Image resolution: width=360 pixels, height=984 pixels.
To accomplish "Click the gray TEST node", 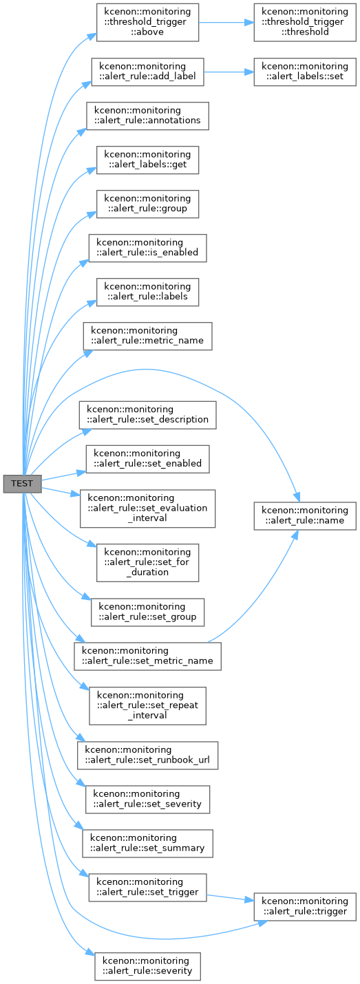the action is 23,484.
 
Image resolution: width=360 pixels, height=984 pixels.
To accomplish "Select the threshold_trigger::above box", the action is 148,23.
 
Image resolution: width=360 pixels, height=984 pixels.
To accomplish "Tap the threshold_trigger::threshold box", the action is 305,23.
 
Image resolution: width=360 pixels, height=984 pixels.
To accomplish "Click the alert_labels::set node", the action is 305,72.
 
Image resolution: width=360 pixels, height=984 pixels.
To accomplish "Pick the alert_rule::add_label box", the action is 148,72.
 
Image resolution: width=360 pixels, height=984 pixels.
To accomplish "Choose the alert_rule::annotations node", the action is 148,116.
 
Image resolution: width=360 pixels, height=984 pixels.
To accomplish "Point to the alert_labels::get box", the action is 148,160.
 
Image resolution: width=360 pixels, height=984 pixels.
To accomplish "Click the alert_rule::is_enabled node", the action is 148,248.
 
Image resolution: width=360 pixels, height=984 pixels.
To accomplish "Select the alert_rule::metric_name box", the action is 148,336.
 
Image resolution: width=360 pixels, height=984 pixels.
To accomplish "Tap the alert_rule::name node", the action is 305,515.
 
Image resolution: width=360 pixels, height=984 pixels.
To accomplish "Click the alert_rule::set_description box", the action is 148,415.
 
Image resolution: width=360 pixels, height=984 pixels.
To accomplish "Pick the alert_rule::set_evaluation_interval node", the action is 148,509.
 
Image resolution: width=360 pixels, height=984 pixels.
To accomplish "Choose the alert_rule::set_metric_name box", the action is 148,656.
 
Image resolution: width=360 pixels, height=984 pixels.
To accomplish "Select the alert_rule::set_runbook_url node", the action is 148,755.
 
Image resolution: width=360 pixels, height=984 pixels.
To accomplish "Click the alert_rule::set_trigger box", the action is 148,888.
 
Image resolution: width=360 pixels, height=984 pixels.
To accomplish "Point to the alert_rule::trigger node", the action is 305,907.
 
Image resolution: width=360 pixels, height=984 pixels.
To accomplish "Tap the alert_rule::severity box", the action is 148,966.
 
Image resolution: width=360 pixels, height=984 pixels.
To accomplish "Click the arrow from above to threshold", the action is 226,23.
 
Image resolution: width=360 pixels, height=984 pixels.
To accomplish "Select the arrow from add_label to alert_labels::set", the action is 229,72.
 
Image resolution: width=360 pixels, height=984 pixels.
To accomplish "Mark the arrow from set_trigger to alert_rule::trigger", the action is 231,898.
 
